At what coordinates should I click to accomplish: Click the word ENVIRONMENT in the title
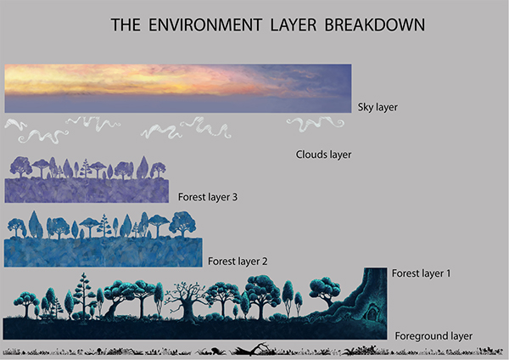[x=205, y=25]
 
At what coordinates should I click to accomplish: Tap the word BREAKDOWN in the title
[x=375, y=25]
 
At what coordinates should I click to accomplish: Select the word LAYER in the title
[x=294, y=25]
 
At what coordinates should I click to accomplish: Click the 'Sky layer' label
[x=378, y=107]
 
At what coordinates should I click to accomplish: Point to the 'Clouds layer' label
[x=323, y=155]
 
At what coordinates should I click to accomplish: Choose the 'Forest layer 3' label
[x=208, y=197]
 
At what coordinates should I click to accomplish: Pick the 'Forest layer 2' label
[x=238, y=262]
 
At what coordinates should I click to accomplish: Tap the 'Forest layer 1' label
[x=422, y=273]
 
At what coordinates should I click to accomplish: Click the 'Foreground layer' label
[x=433, y=336]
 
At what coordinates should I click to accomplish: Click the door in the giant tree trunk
[x=372, y=313]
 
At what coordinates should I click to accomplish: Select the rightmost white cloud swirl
[x=316, y=124]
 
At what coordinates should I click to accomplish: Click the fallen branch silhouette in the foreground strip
[x=252, y=349]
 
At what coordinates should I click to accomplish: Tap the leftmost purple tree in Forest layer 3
[x=20, y=166]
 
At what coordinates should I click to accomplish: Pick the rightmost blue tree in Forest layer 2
[x=182, y=224]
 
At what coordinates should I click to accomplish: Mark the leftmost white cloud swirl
[x=15, y=125]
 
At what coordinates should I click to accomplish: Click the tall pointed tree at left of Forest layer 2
[x=34, y=224]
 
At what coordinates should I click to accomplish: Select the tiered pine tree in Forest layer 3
[x=86, y=168]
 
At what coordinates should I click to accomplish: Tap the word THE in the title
[x=126, y=25]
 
